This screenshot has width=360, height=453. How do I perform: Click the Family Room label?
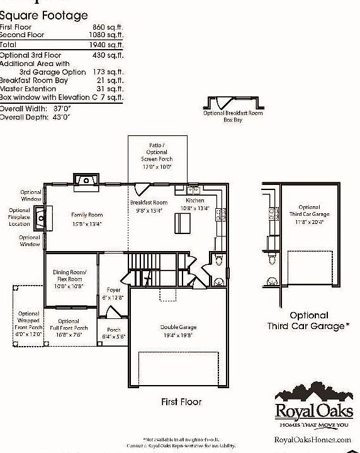(x=87, y=219)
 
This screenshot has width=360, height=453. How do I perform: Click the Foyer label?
(x=113, y=294)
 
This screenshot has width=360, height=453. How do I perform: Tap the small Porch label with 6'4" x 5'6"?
(x=114, y=333)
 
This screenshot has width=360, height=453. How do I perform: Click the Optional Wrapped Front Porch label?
(x=28, y=325)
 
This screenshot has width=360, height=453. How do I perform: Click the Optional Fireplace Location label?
(x=20, y=217)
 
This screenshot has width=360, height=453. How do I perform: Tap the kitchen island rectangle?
(x=182, y=223)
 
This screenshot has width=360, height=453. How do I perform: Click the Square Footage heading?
(x=43, y=16)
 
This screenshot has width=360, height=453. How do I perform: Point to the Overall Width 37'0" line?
(x=35, y=108)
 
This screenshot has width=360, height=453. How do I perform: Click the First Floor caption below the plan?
(x=181, y=401)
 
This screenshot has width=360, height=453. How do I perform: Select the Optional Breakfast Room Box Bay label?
(x=233, y=116)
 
